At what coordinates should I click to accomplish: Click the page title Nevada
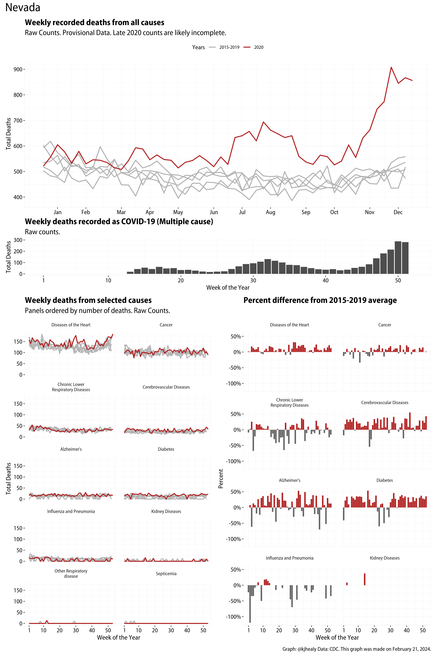pyautogui.click(x=23, y=8)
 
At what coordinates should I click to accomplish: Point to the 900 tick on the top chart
pyautogui.click(x=18, y=69)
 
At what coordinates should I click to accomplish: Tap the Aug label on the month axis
pyautogui.click(x=270, y=212)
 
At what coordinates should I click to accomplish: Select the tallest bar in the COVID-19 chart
pyautogui.click(x=398, y=258)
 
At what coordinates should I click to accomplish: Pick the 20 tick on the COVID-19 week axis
pyautogui.click(x=181, y=280)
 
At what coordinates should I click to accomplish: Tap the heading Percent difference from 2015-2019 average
pyautogui.click(x=320, y=300)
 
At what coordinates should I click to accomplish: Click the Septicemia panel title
pyautogui.click(x=166, y=574)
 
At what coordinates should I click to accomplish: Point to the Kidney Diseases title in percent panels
pyautogui.click(x=385, y=558)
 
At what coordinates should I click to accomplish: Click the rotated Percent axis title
pyautogui.click(x=221, y=478)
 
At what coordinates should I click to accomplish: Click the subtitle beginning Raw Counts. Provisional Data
pyautogui.click(x=125, y=33)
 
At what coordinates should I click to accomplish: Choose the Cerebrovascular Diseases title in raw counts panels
pyautogui.click(x=166, y=387)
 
